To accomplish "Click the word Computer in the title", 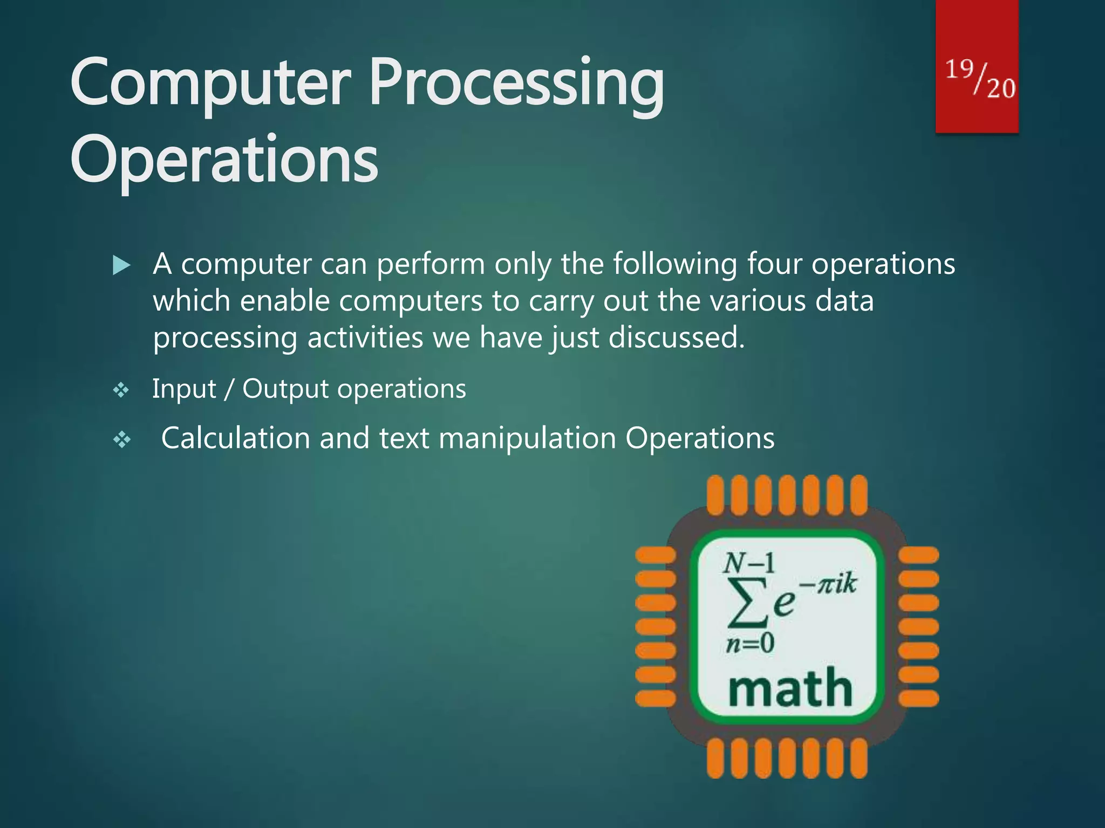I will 210,84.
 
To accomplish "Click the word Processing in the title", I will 517,84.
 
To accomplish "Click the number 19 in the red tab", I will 959,70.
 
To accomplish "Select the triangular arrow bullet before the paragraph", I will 121,265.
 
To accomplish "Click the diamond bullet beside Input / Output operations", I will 121,390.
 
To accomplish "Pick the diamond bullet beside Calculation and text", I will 122,440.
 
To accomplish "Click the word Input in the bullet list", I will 184,389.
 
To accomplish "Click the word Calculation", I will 235,438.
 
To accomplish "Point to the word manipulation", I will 527,438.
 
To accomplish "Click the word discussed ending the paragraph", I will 676,338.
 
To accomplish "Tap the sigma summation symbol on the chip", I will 747,602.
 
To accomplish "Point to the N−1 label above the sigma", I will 749,564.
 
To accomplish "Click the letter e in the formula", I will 784,603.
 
